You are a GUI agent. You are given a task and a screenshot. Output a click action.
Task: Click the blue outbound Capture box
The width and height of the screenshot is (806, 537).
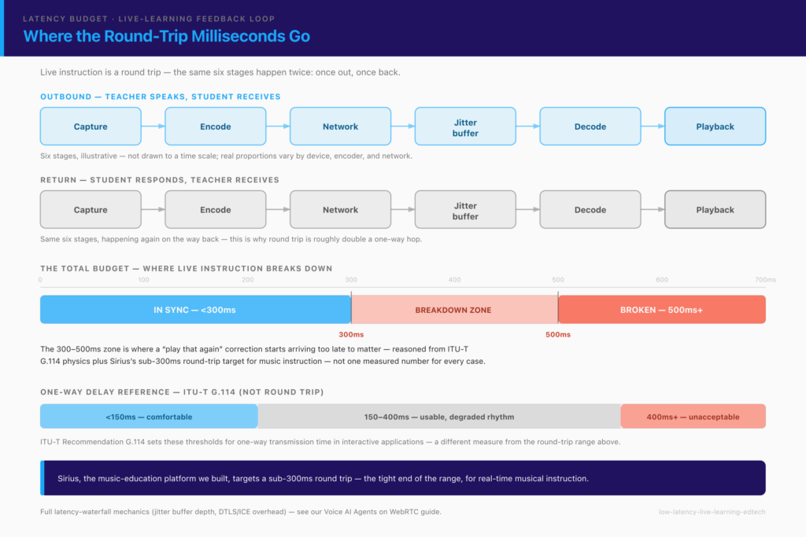pyautogui.click(x=91, y=127)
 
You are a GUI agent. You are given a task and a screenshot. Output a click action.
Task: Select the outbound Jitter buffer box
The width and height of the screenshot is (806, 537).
pyautogui.click(x=465, y=127)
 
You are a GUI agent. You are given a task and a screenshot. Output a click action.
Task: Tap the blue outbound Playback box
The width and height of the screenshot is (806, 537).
pyautogui.click(x=715, y=127)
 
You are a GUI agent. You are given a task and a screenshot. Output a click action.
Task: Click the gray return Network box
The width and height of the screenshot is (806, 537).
pyautogui.click(x=340, y=209)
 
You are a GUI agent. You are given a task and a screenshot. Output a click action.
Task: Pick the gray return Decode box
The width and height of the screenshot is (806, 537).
pyautogui.click(x=590, y=209)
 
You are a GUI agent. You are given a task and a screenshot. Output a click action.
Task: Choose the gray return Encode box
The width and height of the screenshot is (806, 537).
pyautogui.click(x=216, y=209)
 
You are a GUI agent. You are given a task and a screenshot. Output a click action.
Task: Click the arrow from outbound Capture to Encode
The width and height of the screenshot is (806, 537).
pyautogui.click(x=153, y=127)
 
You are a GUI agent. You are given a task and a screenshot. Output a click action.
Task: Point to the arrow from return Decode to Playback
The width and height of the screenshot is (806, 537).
pyautogui.click(x=653, y=209)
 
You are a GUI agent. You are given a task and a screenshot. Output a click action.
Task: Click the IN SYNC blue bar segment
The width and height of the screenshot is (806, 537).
pyautogui.click(x=195, y=310)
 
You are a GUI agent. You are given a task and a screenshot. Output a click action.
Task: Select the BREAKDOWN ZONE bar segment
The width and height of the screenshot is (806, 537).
pyautogui.click(x=454, y=310)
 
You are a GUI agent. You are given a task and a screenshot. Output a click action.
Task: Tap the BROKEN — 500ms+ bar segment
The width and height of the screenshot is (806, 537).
pyautogui.click(x=662, y=310)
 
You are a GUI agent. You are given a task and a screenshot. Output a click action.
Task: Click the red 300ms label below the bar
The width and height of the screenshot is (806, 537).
pyautogui.click(x=351, y=335)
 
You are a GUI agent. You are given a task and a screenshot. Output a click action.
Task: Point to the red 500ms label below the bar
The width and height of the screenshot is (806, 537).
pyautogui.click(x=558, y=335)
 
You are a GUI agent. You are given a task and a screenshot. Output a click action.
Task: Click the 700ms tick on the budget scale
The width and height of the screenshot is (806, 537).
pyautogui.click(x=765, y=280)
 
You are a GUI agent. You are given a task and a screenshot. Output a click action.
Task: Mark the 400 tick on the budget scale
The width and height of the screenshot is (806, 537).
pyautogui.click(x=454, y=280)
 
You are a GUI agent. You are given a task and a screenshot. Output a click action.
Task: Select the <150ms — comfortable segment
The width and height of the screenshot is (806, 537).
pyautogui.click(x=149, y=417)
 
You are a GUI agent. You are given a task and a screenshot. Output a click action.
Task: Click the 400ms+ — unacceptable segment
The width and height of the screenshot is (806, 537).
pyautogui.click(x=693, y=417)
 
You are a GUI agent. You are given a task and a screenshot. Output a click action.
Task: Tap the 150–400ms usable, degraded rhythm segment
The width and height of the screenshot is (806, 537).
pyautogui.click(x=439, y=417)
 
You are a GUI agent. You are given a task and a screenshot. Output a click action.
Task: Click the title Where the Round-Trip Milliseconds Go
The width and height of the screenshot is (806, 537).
pyautogui.click(x=167, y=36)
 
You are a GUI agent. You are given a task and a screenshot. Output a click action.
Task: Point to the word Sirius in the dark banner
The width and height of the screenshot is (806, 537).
pyautogui.click(x=69, y=479)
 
